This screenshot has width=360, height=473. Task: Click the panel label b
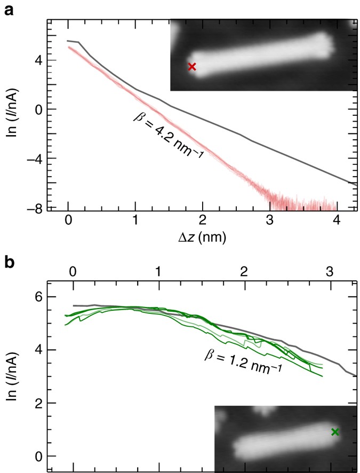pos(9,264)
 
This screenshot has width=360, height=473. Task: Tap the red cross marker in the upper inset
pos(192,67)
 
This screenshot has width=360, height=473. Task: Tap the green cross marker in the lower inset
pos(335,432)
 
